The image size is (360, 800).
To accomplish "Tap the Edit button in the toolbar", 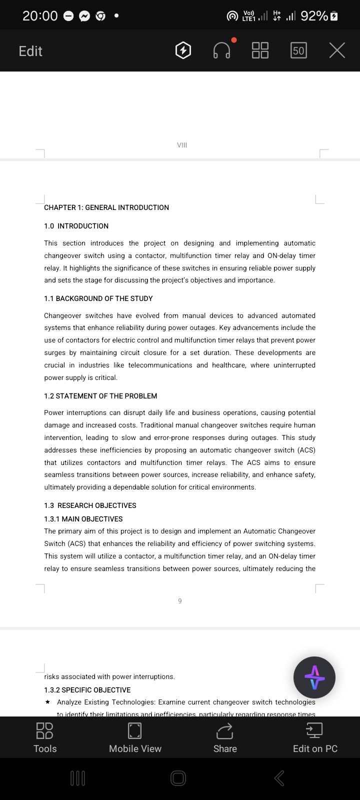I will (30, 51).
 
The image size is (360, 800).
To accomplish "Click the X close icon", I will (337, 50).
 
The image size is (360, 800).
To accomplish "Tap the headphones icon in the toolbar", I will (222, 50).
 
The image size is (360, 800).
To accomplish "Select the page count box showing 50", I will (298, 50).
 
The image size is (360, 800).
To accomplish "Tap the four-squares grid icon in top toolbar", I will (260, 50).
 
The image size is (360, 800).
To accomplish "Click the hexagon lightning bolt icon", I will (183, 50).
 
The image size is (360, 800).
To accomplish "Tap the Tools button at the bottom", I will (45, 737).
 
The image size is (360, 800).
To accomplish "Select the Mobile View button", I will (135, 737).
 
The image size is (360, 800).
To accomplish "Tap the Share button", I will (225, 737).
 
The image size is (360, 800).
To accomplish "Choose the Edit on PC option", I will (315, 737).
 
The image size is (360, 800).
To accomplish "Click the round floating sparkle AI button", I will (314, 677).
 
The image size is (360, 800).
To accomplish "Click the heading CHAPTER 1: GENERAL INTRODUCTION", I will (106, 207).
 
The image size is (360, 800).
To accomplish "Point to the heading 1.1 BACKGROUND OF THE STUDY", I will (98, 298).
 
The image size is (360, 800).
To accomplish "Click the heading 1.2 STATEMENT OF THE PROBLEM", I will (100, 396).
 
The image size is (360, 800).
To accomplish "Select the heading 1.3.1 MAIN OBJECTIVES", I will (83, 519).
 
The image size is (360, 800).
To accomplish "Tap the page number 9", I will (180, 601).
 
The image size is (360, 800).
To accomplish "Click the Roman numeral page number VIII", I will (182, 145).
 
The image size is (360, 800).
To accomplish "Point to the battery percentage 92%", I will (314, 16).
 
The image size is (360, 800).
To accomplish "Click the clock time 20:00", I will (40, 16).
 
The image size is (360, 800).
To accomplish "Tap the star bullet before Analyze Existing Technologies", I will (47, 702).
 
